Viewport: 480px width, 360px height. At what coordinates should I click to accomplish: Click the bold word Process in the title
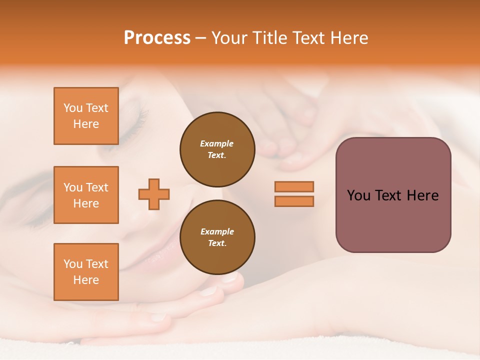(x=157, y=38)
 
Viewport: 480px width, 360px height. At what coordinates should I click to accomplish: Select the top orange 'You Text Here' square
(x=86, y=116)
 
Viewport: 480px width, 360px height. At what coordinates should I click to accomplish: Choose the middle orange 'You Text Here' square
(x=86, y=195)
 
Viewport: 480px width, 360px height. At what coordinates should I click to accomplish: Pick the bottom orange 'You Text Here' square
(x=86, y=272)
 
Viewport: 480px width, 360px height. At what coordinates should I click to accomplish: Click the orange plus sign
(x=154, y=194)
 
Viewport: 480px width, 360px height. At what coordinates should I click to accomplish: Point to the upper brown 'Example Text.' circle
(x=217, y=149)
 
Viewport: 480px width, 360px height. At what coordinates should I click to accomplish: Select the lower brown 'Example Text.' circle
(x=217, y=237)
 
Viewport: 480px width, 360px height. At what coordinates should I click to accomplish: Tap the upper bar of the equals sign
(x=294, y=186)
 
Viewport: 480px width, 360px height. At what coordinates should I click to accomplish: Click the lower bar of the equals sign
(x=294, y=201)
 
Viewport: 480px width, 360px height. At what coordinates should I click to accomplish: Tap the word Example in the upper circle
(x=216, y=143)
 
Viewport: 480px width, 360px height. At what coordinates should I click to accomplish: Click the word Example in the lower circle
(x=216, y=231)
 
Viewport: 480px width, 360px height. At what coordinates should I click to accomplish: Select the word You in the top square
(x=72, y=108)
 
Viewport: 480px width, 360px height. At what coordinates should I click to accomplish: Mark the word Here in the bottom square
(x=86, y=280)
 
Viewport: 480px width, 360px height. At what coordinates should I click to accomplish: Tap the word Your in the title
(x=229, y=38)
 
